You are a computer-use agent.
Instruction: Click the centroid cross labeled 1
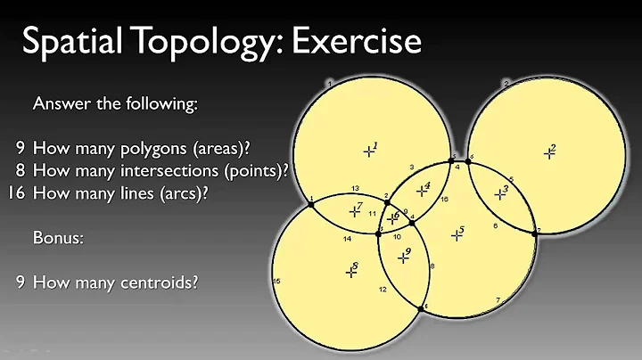pos(368,151)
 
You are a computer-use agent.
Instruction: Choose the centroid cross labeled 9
pos(401,258)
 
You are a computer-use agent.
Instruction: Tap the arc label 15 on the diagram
pos(276,282)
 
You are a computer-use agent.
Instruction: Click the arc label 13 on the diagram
pos(355,188)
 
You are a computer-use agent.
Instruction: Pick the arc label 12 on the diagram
pos(382,290)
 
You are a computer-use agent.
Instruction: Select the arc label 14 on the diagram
pos(347,239)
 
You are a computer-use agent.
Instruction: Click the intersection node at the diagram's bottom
pos(425,307)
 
